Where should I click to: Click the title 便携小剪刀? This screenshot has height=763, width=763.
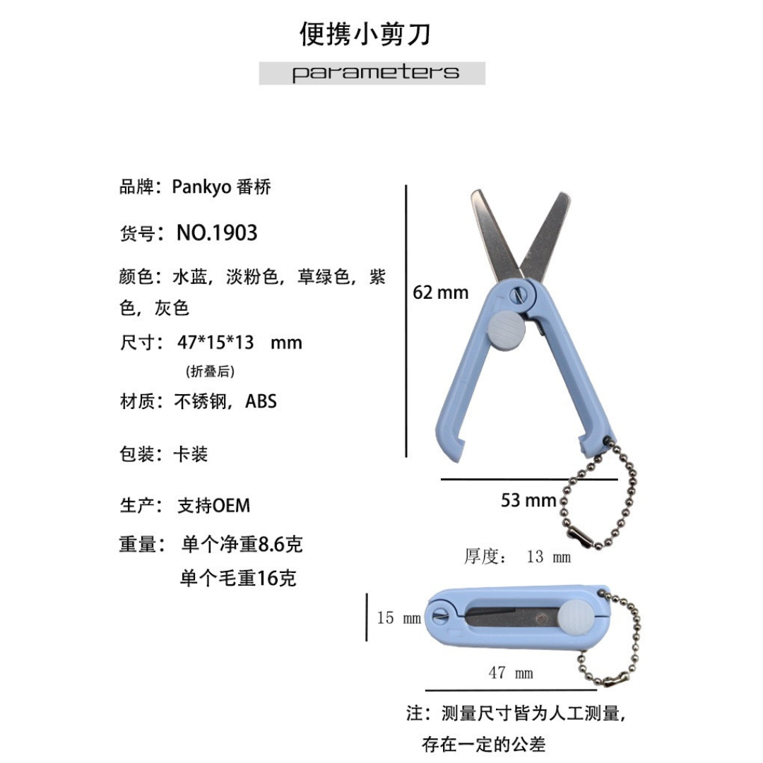point(365,34)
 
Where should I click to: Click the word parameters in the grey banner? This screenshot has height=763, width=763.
point(375,73)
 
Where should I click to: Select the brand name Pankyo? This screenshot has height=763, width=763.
point(201,187)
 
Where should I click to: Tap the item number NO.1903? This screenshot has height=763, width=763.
point(217,232)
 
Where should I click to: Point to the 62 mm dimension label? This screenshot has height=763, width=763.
point(440,292)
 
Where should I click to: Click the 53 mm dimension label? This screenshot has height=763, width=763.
point(528,500)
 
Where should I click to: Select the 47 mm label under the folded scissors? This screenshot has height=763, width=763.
point(511,673)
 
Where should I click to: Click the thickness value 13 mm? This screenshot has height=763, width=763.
point(549,556)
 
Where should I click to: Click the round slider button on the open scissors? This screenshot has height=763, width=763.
point(506,330)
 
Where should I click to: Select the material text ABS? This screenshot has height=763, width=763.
point(261,401)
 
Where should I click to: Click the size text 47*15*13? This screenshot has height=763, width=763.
point(215,343)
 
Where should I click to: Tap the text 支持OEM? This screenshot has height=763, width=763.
point(214,506)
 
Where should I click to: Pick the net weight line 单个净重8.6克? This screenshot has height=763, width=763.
point(242,544)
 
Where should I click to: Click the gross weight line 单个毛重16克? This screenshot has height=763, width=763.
point(238,578)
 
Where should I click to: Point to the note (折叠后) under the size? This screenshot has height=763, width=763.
point(211,372)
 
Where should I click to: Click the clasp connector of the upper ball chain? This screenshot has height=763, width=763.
point(582,536)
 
